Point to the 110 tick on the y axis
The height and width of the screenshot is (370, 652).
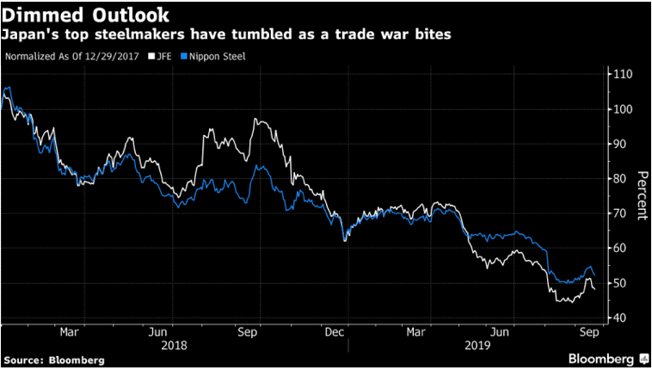(x=623, y=75)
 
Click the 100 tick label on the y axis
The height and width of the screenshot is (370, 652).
(x=623, y=109)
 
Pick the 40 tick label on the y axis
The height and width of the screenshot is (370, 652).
(x=620, y=318)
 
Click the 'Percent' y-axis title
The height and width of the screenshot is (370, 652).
(x=642, y=195)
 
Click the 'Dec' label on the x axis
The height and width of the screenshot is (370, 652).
(x=335, y=331)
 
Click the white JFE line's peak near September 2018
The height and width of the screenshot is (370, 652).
(x=255, y=120)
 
